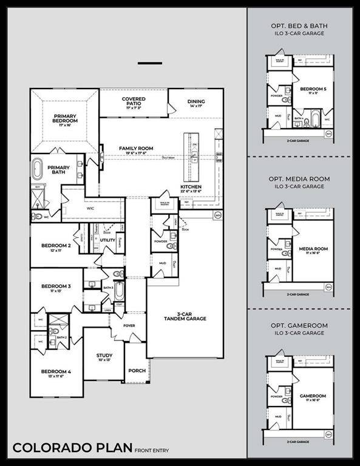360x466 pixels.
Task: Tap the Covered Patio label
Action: click(134, 102)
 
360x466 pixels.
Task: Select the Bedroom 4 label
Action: click(56, 372)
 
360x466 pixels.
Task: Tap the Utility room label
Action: click(107, 240)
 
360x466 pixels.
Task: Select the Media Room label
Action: click(313, 250)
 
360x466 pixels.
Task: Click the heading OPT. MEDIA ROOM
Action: click(302, 180)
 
